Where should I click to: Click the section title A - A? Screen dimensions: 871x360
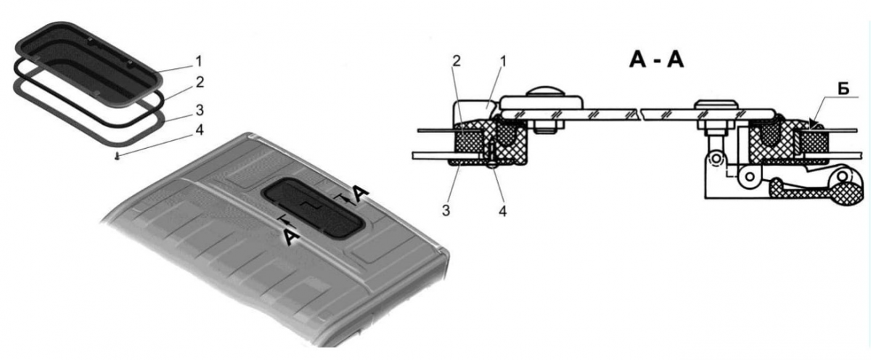(x=656, y=61)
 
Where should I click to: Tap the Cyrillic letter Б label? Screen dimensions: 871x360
(x=843, y=90)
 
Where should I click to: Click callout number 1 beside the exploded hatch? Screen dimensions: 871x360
(x=199, y=62)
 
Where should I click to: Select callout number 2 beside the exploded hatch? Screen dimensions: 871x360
(x=200, y=82)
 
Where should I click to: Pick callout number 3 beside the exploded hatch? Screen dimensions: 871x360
(x=200, y=110)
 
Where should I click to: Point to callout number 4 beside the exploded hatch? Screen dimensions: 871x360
(x=200, y=130)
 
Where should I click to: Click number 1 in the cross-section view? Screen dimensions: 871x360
(x=503, y=61)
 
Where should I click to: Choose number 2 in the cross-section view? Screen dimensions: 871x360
(x=457, y=61)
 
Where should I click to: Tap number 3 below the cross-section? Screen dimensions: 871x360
(x=446, y=210)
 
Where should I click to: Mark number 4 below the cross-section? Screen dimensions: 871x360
(x=503, y=211)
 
